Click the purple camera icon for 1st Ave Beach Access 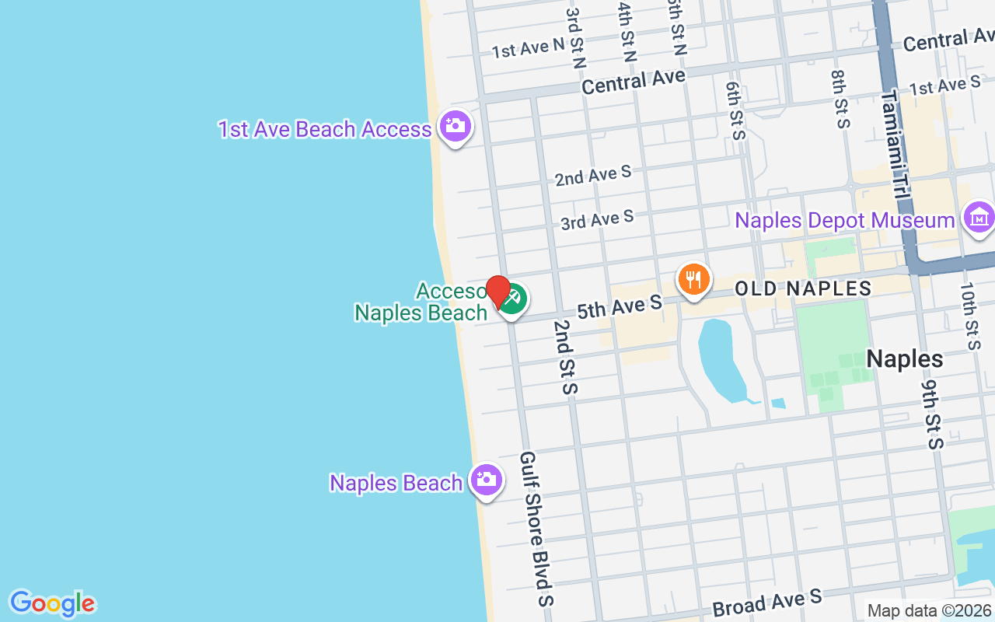pyautogui.click(x=455, y=126)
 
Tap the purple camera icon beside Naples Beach pyautogui.click(x=486, y=480)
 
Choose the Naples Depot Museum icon pyautogui.click(x=978, y=218)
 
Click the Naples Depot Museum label pyautogui.click(x=845, y=220)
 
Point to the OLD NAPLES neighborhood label pyautogui.click(x=803, y=289)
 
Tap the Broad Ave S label pyautogui.click(x=766, y=603)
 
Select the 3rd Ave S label pyautogui.click(x=597, y=220)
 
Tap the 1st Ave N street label pyautogui.click(x=528, y=48)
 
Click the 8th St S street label pyautogui.click(x=841, y=99)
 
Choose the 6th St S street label pyautogui.click(x=735, y=110)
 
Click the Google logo pyautogui.click(x=52, y=603)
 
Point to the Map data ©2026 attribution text pyautogui.click(x=930, y=611)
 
